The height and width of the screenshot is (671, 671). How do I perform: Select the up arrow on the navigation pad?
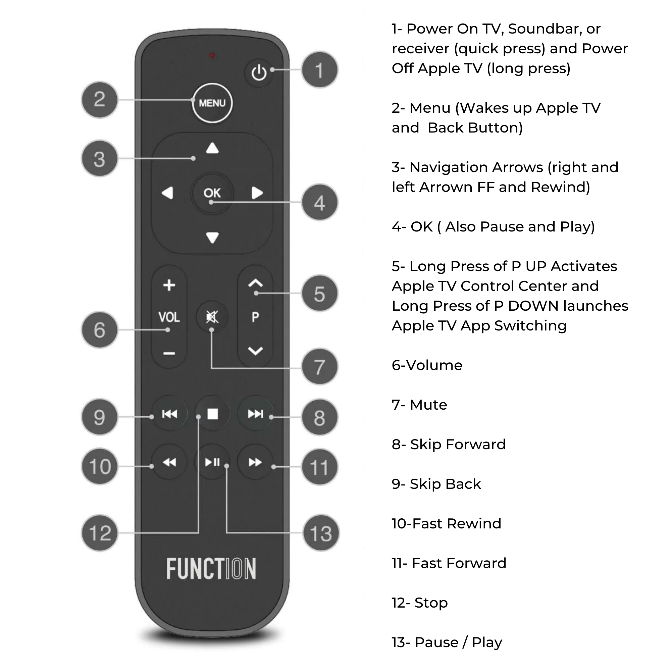[x=212, y=148]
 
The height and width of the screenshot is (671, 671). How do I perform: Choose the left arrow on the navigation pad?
[x=168, y=193]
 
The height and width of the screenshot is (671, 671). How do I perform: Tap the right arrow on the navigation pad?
[x=257, y=193]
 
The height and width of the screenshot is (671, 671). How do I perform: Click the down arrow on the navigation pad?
[x=212, y=238]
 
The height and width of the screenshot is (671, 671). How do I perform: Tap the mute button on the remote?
[x=212, y=317]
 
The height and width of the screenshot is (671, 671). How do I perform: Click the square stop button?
[x=213, y=414]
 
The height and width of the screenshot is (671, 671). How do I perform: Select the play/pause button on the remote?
[x=213, y=462]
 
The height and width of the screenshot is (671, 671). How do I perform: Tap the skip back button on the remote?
[x=169, y=414]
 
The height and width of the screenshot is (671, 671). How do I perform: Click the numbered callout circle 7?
[x=319, y=367]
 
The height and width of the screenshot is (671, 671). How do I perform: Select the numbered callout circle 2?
[x=100, y=100]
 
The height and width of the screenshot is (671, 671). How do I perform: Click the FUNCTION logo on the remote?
[x=211, y=569]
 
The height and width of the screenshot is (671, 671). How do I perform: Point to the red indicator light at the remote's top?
[x=212, y=55]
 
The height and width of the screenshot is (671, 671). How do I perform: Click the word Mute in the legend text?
[x=428, y=405]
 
